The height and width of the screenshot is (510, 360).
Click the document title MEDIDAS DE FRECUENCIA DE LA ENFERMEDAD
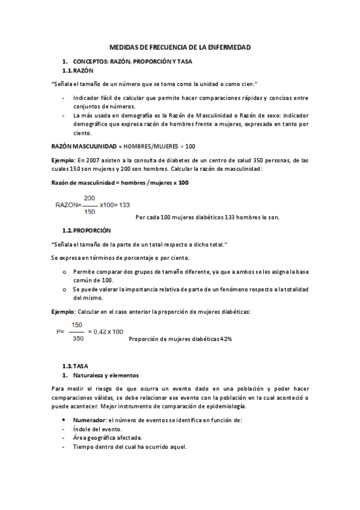coord(180,47)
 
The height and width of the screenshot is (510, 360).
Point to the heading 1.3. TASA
coord(76,365)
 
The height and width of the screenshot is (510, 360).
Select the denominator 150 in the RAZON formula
coord(90,211)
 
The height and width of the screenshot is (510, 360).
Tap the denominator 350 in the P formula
coord(76,338)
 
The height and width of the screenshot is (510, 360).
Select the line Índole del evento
coord(97,429)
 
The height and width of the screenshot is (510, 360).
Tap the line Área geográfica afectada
coord(107,438)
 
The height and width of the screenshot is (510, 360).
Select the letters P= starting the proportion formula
coord(59,331)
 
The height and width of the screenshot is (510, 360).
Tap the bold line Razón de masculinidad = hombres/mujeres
coord(118,183)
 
